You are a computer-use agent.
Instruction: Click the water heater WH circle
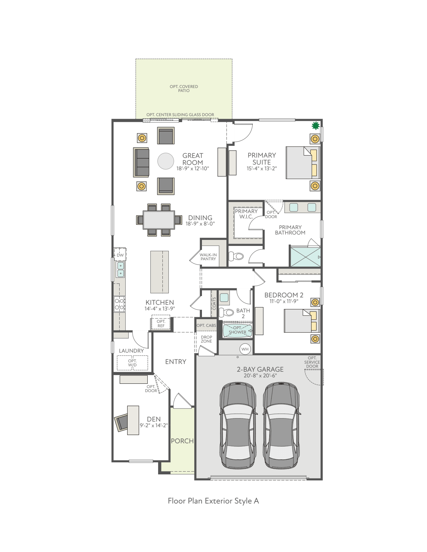pos(245,349)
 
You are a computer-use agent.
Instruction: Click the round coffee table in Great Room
pos(166,161)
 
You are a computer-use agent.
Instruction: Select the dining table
pos(159,220)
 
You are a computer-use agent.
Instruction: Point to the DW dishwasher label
pos(120,255)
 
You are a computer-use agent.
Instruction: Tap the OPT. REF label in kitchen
pos(161,324)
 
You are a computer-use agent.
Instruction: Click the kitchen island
pos(159,272)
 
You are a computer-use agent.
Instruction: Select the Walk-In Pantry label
pos(208,257)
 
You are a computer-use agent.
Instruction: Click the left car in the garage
pos(238,426)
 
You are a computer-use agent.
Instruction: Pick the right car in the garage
pos(281,426)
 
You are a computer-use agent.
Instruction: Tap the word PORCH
pos(182,441)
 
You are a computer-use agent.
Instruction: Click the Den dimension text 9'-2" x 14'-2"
pos(154,426)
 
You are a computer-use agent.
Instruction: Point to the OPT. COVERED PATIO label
pos(184,89)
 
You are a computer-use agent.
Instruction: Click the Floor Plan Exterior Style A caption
pos(213,501)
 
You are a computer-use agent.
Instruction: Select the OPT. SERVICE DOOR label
pos(312,362)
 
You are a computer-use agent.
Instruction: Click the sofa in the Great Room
pos(141,163)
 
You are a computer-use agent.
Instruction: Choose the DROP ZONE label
pos(206,339)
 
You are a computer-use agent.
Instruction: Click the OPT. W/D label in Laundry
pos(132,363)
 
